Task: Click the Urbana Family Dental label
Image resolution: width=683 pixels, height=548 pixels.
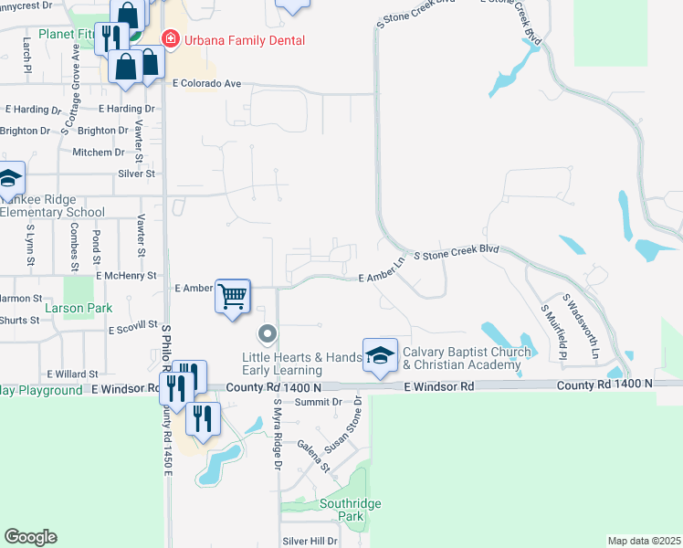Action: click(x=244, y=40)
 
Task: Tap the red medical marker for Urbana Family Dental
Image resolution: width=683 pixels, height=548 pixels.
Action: click(x=169, y=39)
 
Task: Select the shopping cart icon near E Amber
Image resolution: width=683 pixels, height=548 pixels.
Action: click(x=233, y=295)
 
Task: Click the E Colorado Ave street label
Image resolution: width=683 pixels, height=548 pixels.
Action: click(x=206, y=83)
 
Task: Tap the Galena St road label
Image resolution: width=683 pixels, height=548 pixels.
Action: click(x=313, y=455)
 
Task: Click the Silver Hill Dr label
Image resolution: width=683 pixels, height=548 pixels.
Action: click(x=310, y=541)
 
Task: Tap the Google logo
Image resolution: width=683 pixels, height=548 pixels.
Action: click(x=30, y=537)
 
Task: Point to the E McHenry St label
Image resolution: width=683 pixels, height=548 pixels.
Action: click(x=126, y=275)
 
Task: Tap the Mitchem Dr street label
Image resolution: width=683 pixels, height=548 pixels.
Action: click(x=92, y=153)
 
